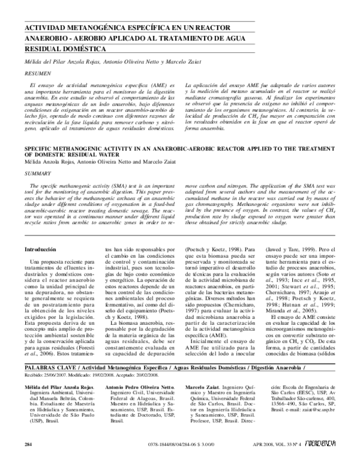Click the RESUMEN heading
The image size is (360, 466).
coord(34,70)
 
